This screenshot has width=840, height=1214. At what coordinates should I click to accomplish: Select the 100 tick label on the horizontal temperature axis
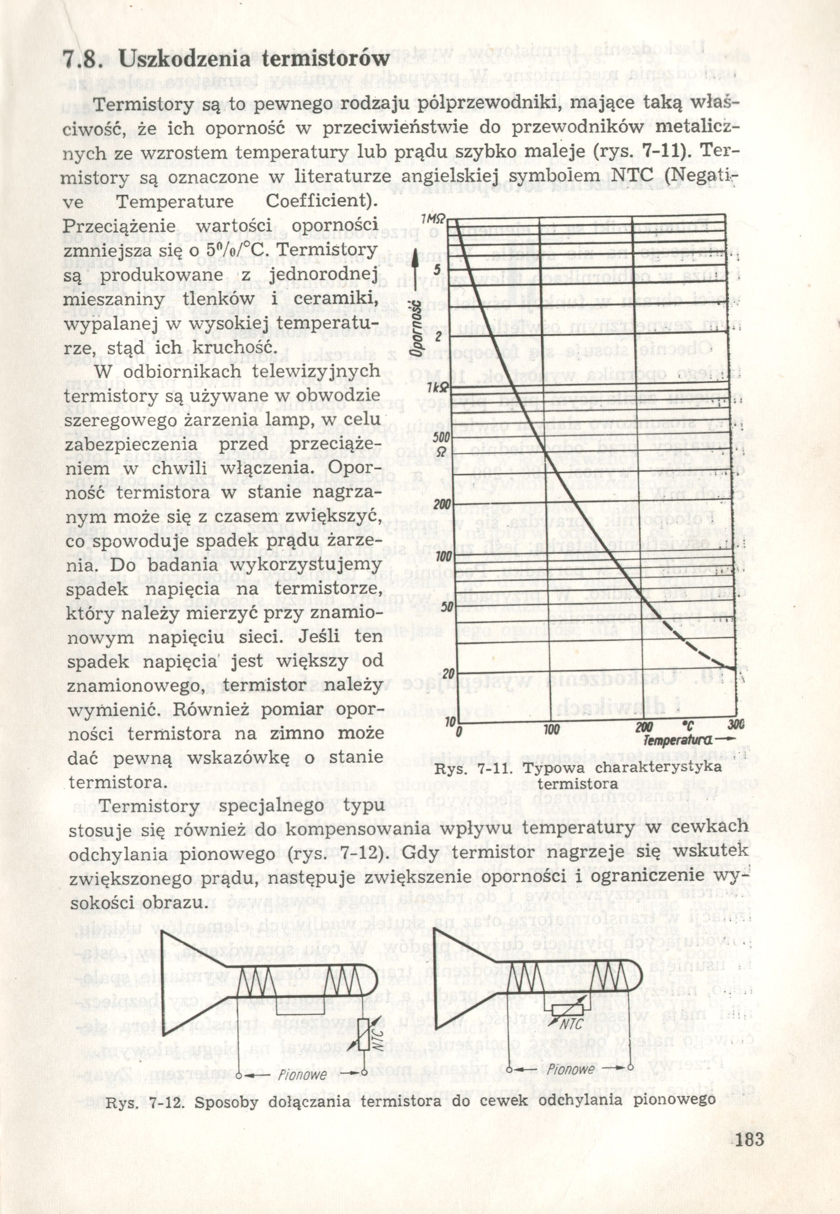551,730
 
